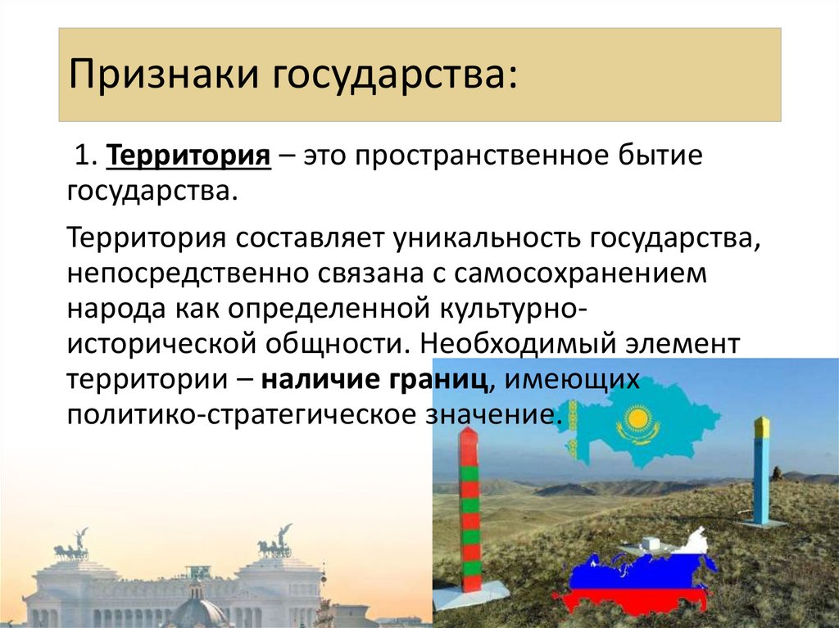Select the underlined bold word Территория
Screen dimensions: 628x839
click(189, 156)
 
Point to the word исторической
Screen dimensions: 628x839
click(159, 343)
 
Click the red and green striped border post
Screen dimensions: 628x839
click(469, 512)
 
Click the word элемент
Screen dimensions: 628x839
click(694, 343)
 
